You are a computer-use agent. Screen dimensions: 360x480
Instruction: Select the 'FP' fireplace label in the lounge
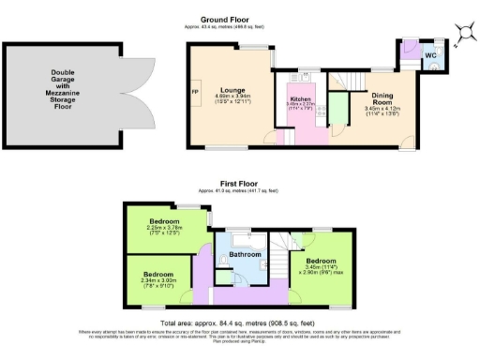(195, 93)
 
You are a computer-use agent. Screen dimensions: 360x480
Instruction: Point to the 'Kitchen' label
(300, 97)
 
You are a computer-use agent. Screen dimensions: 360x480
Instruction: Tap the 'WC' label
(430, 56)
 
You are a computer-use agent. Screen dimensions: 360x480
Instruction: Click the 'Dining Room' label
(382, 100)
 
